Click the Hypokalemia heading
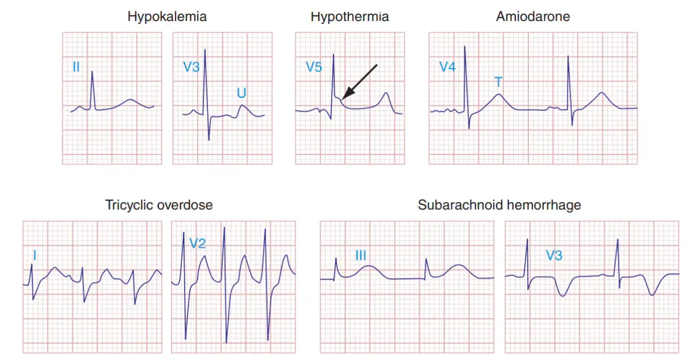[167, 17]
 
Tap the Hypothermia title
[349, 17]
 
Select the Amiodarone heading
[533, 17]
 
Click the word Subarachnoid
[461, 204]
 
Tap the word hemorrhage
[544, 205]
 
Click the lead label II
[76, 67]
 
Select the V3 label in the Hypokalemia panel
[191, 67]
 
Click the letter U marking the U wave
[242, 93]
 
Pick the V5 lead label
[314, 67]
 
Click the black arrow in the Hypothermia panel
[360, 82]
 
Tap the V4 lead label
[447, 67]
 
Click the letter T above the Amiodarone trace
[498, 82]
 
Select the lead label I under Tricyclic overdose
[35, 255]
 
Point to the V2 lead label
[198, 243]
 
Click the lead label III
[361, 255]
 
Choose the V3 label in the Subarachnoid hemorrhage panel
[554, 255]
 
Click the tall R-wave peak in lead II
[92, 72]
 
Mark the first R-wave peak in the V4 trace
[465, 46]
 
